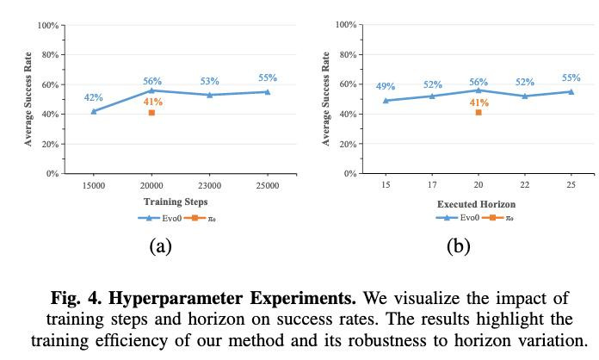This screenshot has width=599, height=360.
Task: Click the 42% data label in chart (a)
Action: [93, 97]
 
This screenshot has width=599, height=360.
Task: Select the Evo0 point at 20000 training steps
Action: [151, 90]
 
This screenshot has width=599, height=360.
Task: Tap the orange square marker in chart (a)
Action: [151, 113]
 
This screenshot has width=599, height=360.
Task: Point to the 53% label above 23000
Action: [209, 82]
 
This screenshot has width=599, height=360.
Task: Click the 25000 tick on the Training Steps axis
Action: [268, 185]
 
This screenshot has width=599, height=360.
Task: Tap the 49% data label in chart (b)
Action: [386, 87]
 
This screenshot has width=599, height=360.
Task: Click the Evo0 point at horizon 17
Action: [432, 96]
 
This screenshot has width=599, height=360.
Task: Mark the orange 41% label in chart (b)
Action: [479, 102]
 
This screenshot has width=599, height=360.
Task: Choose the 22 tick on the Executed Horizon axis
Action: [525, 185]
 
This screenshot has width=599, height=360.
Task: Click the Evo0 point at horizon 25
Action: [571, 91]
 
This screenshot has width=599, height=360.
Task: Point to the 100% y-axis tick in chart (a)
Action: [47, 26]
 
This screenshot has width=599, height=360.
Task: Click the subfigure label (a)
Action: [159, 247]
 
